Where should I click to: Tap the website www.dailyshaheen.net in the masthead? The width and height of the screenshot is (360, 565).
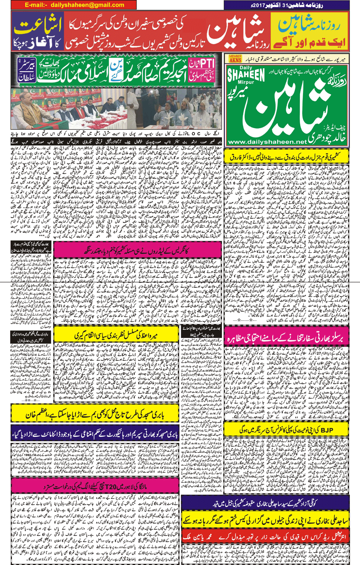267,142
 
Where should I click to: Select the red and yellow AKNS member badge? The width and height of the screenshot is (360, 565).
235,59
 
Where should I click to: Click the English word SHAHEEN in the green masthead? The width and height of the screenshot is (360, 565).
246,75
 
